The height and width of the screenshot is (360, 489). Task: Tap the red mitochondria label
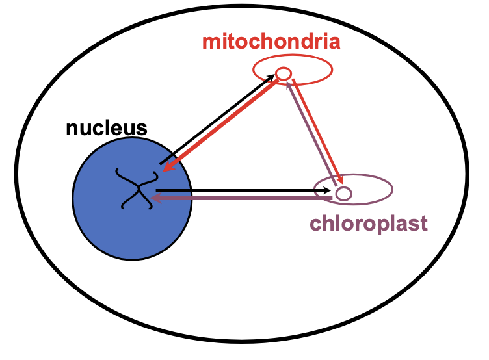point(271,42)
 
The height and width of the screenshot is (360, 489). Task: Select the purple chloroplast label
point(368,224)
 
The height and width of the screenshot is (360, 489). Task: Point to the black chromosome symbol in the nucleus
point(137,189)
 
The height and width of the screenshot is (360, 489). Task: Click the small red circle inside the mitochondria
point(284,73)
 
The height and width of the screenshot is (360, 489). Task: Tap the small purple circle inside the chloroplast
point(343,193)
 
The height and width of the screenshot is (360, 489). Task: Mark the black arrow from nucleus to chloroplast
point(241,190)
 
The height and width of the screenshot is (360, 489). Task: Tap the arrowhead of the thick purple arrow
point(157,198)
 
